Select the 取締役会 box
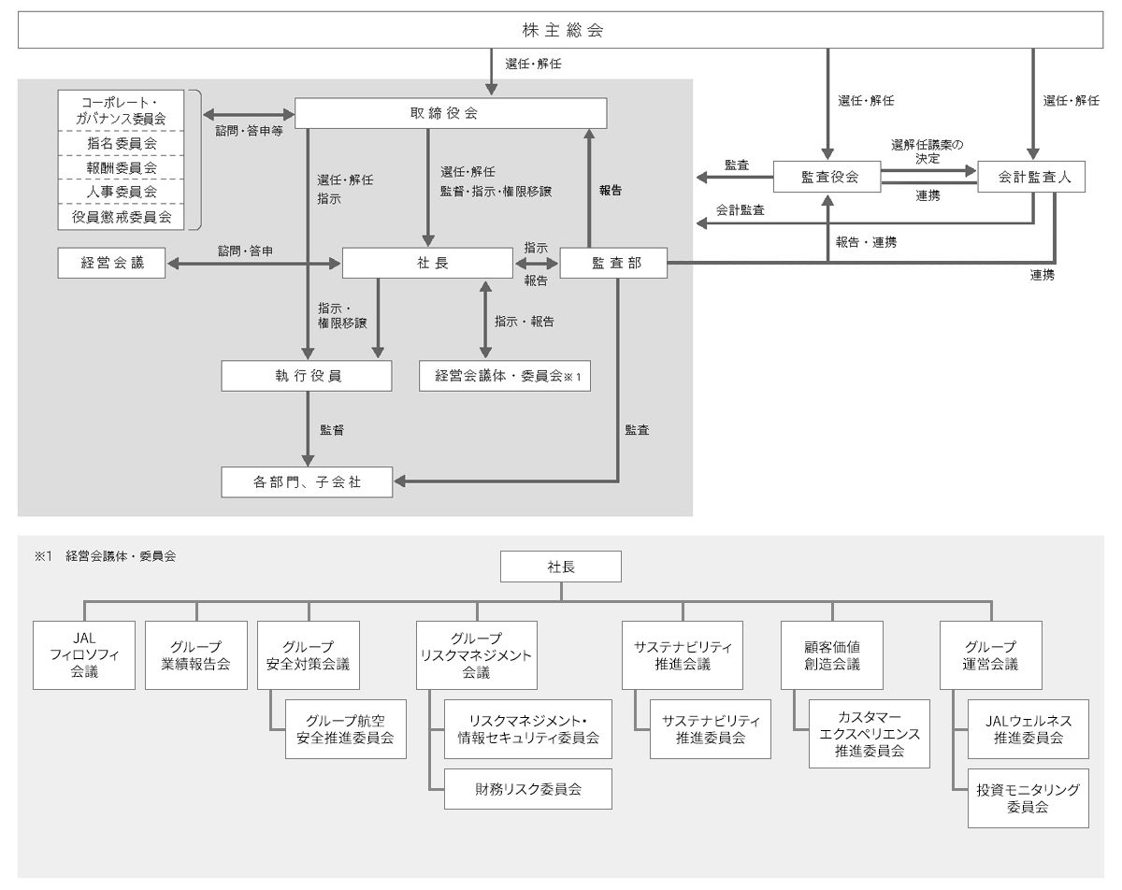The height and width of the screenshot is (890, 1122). click(452, 112)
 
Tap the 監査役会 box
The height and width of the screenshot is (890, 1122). click(827, 175)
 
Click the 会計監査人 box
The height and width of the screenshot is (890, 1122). click(1031, 175)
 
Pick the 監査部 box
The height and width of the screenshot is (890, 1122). click(613, 265)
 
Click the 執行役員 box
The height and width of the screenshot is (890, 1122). click(307, 376)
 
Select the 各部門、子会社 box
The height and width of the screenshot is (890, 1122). click(307, 483)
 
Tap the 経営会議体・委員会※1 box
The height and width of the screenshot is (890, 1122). click(506, 376)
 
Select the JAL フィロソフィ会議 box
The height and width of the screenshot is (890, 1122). click(83, 654)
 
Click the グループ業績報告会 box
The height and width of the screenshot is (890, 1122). click(196, 654)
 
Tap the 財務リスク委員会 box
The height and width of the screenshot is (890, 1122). click(527, 788)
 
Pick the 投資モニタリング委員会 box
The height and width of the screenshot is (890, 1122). click(1028, 797)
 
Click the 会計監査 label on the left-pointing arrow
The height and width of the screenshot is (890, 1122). click(741, 210)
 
